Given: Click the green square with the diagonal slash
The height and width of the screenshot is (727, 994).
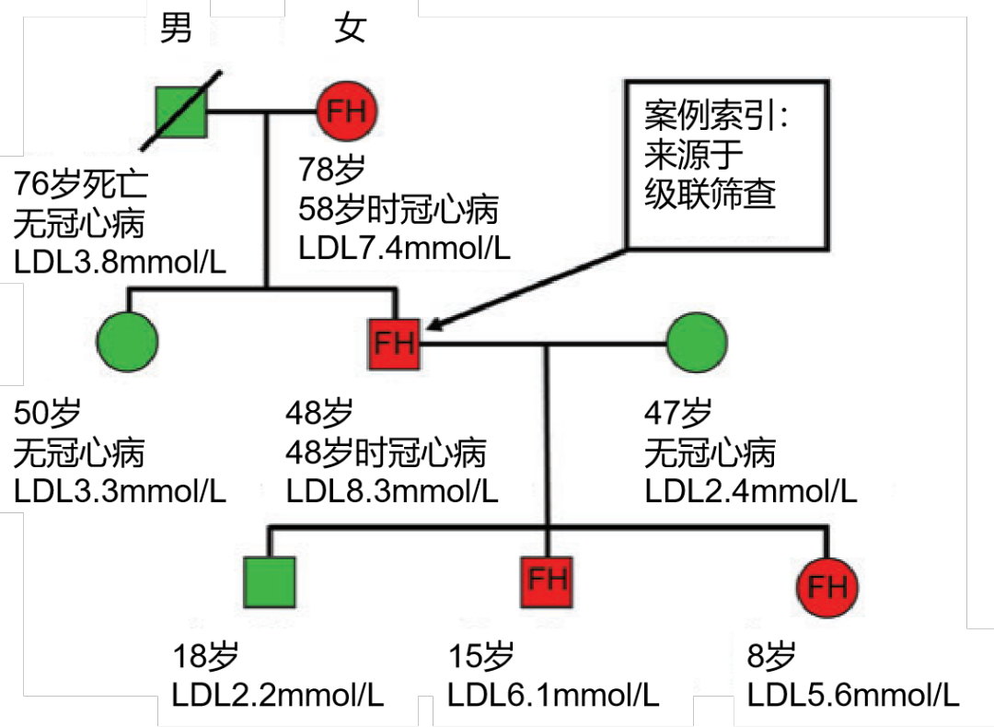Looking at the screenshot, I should [x=179, y=111].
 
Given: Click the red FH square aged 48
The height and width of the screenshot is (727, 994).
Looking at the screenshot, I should [x=394, y=344].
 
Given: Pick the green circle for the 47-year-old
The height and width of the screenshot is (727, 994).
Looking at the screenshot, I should [x=696, y=344].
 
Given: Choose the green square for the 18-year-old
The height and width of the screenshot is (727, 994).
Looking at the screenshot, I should [x=270, y=582].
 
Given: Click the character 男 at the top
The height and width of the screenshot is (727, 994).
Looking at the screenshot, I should [x=176, y=29].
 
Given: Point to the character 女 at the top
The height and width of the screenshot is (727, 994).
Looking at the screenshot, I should [x=350, y=29].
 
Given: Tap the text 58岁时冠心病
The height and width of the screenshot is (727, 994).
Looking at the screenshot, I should [x=398, y=209].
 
